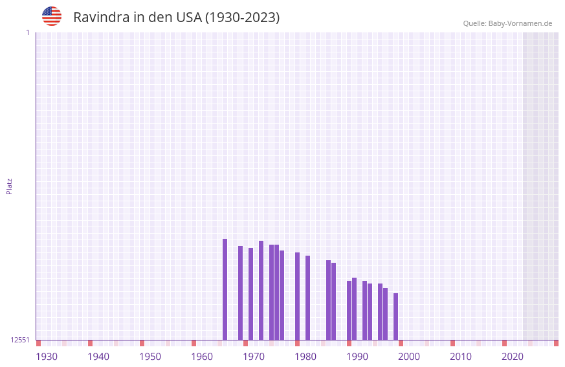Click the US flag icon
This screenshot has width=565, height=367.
pos(52,16)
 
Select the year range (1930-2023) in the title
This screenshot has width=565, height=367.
pos(242,17)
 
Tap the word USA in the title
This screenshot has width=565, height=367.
pos(189,17)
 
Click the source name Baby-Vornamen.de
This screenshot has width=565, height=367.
pos(520,23)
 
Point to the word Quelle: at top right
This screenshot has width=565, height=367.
pos(474,23)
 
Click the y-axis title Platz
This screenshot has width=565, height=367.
pos(9,186)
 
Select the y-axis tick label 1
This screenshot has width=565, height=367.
pos(27,32)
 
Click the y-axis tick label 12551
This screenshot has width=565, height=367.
pos(20,340)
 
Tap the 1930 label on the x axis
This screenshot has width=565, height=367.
pos(47,357)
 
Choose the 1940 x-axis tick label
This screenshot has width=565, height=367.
pos(98,357)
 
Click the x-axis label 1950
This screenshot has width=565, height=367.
pos(150,357)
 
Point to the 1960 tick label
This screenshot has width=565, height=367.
pos(202,357)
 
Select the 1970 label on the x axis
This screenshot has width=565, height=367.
pos(254,357)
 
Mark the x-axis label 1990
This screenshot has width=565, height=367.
pos(357,357)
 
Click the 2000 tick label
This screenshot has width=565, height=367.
pos(409,357)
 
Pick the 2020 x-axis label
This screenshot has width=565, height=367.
pos(513,357)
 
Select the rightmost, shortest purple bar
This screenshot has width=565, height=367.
pos(395,317)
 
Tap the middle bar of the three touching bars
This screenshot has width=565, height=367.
pos(276,292)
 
